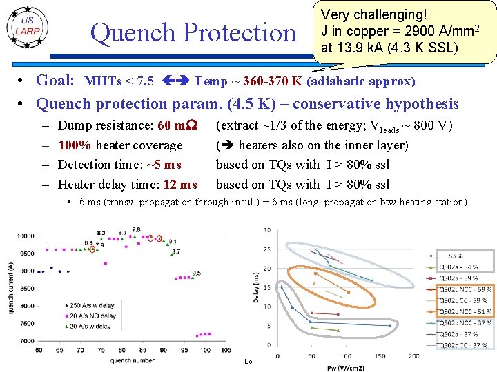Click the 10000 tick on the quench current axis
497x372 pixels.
[x=25, y=236]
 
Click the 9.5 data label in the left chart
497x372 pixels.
[x=197, y=273]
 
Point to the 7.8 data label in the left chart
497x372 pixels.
[x=136, y=229]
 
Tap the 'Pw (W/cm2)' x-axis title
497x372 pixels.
[x=345, y=367]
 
